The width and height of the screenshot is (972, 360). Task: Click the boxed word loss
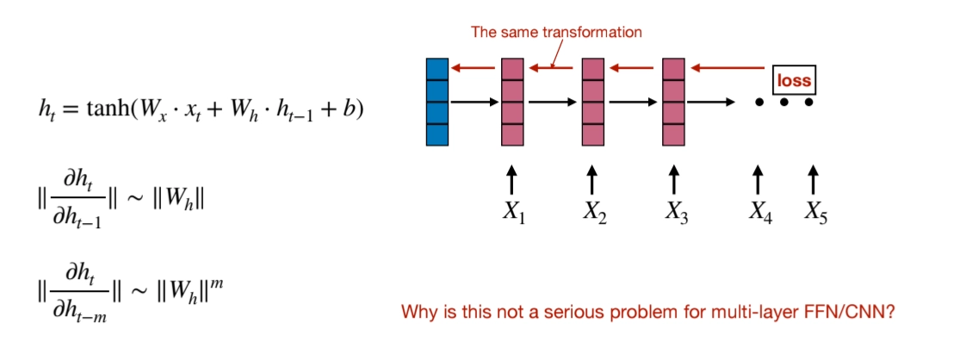tap(794, 80)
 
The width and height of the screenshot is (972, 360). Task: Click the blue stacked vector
tap(437, 102)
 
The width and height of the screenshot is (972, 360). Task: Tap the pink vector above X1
tap(512, 102)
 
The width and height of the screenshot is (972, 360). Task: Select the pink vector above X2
tap(593, 102)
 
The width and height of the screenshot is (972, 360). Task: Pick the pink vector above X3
tap(674, 102)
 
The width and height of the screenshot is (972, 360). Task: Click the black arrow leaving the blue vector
tap(474, 102)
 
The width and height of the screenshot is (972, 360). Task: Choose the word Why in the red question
tap(417, 312)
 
